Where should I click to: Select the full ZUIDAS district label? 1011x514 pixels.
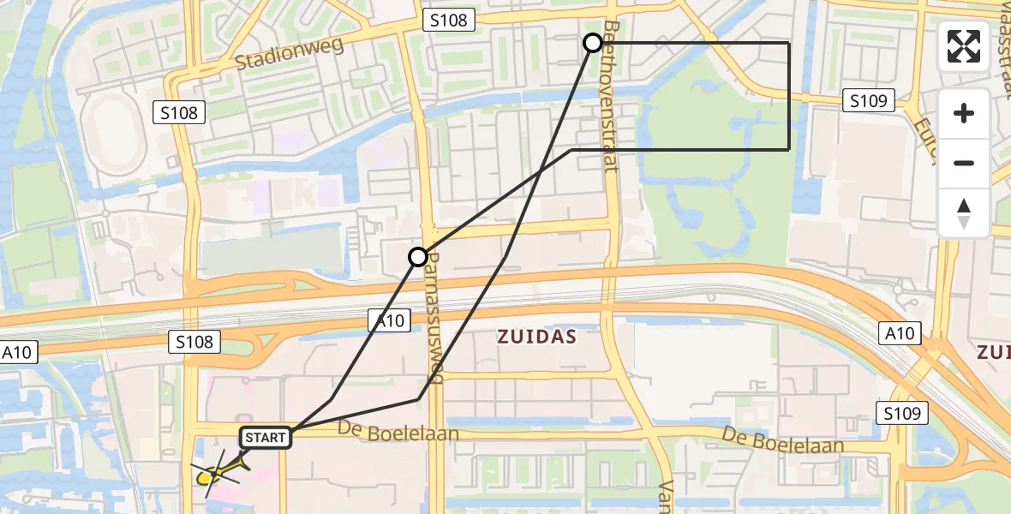pos(537,338)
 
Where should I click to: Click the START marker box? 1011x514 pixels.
pos(266,438)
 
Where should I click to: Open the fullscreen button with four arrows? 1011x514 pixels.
pos(964,46)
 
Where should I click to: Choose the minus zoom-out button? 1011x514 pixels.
pos(964,163)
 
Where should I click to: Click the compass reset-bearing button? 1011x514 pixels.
pos(964,212)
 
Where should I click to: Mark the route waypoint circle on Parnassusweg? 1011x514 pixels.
pos(417,257)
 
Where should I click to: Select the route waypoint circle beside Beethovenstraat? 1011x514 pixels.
pos(593,43)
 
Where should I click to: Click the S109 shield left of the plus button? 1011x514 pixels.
pos(869,101)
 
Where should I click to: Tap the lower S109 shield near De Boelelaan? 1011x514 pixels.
pos(903,413)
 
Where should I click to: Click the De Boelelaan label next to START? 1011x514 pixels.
pos(398,433)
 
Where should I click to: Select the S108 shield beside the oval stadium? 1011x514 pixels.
pos(178,112)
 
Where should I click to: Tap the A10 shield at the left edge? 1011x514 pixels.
pos(18,353)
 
